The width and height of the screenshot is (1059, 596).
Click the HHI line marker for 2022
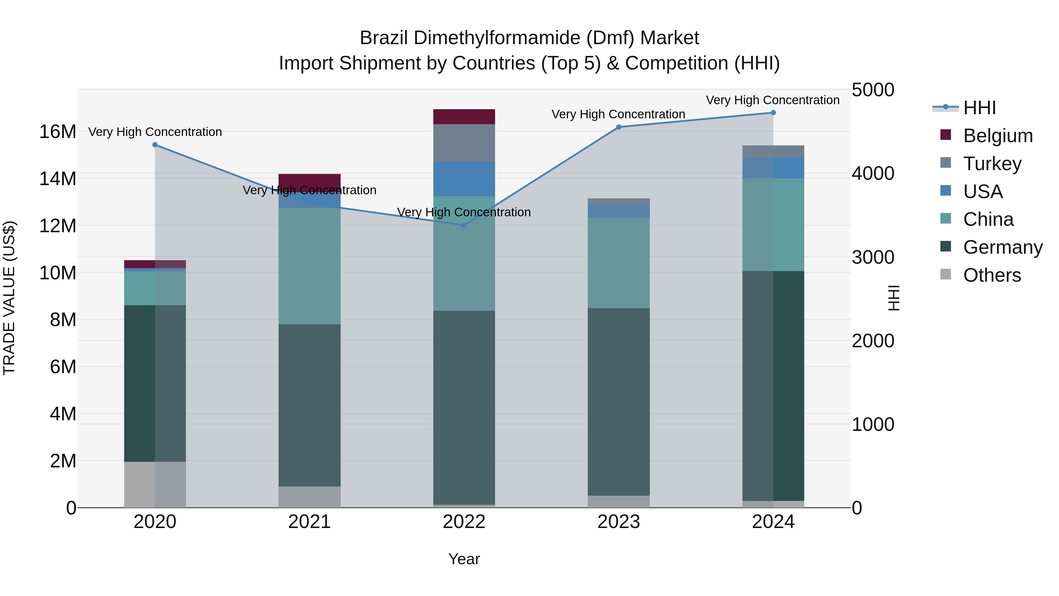point(464,225)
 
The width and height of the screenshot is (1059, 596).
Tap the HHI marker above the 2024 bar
point(773,113)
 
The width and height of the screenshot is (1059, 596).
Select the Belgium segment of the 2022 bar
point(464,117)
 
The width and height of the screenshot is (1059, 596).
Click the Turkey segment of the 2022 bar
point(464,143)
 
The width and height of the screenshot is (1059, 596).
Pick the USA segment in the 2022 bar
point(464,179)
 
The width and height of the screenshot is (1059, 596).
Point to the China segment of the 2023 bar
point(619,263)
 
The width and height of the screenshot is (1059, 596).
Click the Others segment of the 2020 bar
point(155,484)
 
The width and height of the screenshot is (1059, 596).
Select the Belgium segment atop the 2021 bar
point(309,181)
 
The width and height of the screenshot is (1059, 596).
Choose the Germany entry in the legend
point(1002,247)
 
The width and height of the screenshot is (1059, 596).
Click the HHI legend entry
point(979,108)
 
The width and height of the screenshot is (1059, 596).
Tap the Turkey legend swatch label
point(992,164)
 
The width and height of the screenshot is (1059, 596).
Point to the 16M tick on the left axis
point(58,132)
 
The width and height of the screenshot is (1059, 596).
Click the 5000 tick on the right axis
point(873,90)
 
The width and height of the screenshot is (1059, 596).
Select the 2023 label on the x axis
point(619,522)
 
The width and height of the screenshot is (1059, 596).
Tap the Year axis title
point(464,559)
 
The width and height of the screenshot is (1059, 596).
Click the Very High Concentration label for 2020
point(155,132)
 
